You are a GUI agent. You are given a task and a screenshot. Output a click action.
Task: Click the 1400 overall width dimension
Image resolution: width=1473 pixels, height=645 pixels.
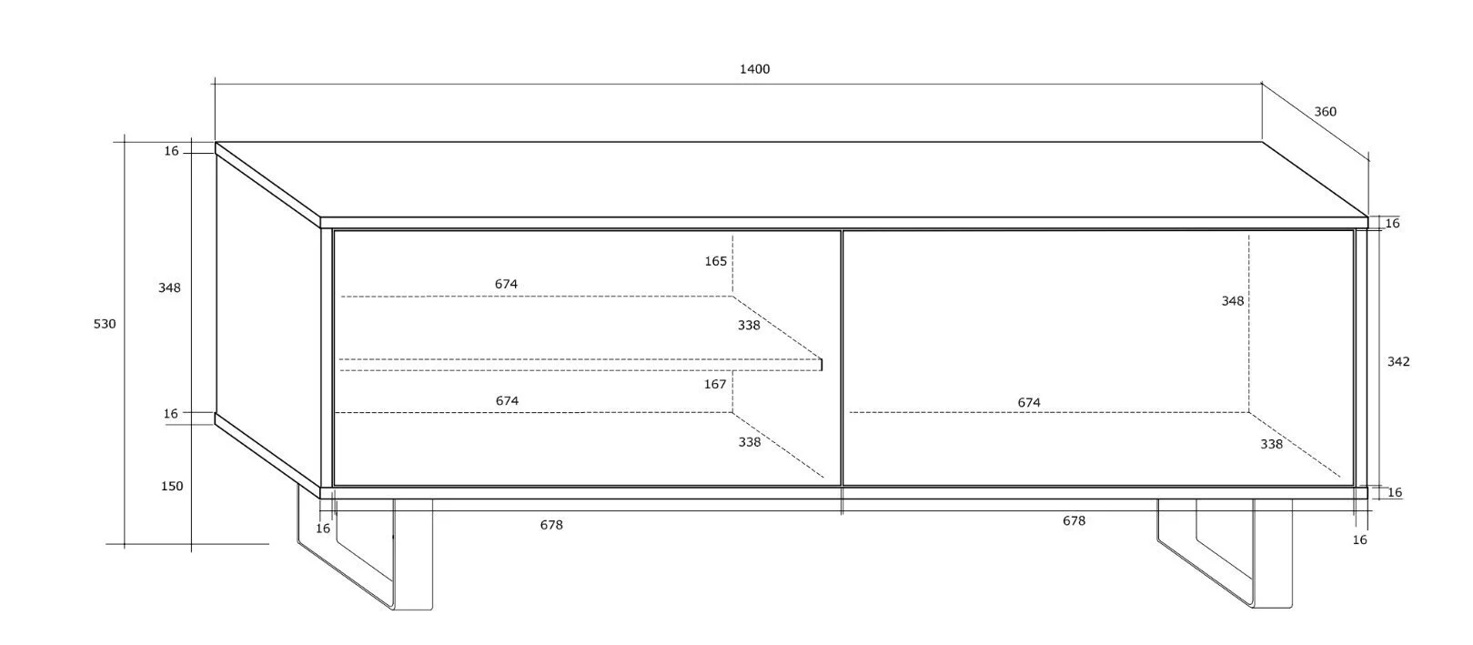[754, 69]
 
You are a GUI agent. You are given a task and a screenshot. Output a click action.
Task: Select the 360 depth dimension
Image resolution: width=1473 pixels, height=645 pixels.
[1325, 112]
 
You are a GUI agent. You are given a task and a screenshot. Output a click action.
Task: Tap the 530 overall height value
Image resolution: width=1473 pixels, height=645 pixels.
[105, 324]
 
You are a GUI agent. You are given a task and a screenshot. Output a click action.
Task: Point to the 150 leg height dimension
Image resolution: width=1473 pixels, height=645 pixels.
[172, 486]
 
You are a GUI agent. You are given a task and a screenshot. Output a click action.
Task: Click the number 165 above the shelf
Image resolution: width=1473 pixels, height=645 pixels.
[715, 261]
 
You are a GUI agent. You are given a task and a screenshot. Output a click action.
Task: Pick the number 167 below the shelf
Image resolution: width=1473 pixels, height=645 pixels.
[715, 384]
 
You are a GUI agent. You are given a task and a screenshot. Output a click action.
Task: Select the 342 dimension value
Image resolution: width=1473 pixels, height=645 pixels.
[1397, 361]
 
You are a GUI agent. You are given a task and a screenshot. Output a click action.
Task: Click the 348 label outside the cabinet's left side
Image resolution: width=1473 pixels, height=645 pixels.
[169, 287]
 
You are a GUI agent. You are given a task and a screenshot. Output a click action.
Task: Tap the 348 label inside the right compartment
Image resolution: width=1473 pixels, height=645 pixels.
[1232, 301]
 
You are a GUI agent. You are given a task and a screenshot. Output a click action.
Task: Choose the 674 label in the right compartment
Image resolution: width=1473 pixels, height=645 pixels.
[1029, 402]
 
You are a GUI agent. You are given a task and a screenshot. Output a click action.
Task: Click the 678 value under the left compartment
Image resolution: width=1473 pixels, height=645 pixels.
[551, 525]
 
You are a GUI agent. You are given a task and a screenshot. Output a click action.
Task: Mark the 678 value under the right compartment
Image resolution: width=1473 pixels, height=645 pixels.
[1074, 521]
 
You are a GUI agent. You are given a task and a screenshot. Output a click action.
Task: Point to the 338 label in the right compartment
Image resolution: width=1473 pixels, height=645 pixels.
[1271, 444]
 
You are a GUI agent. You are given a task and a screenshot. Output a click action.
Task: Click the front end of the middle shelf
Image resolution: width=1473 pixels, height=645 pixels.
[821, 364]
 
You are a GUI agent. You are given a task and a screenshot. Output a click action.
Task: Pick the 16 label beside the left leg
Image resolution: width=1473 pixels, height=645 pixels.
[323, 529]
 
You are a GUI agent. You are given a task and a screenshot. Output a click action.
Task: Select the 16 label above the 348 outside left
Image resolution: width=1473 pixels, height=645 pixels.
[171, 151]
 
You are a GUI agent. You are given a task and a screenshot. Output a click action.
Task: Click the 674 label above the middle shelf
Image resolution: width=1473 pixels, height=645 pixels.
[506, 284]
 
